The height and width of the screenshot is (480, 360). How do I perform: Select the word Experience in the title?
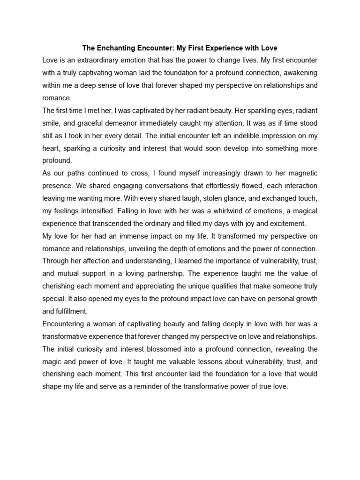pyautogui.click(x=225, y=48)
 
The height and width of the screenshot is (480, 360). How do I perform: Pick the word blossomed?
pyautogui.click(x=176, y=349)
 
